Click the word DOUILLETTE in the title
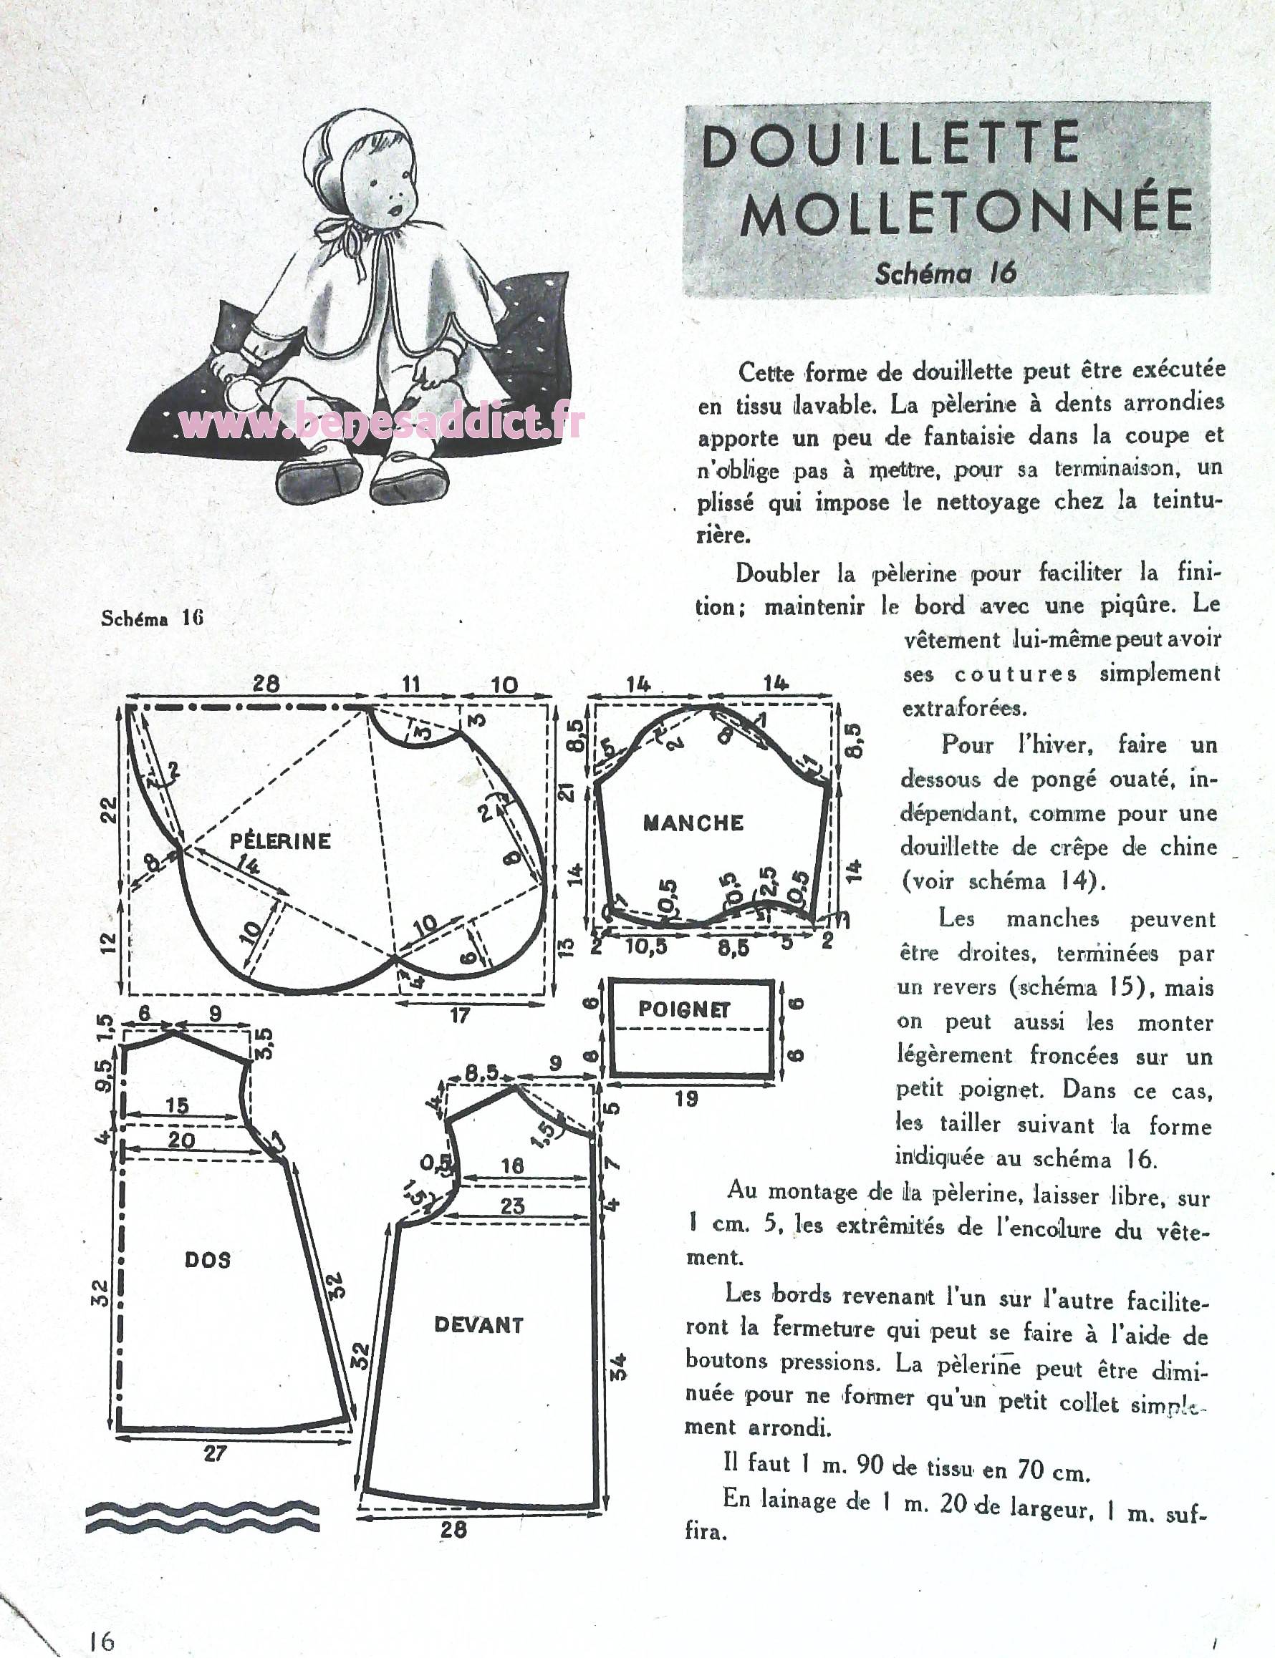[890, 145]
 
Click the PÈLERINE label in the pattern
[280, 840]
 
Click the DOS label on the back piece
[207, 1260]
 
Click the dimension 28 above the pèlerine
[266, 684]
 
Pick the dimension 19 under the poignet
[686, 1097]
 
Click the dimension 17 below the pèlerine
[460, 1014]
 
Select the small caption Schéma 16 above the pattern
[152, 617]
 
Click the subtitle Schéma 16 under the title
[945, 272]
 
